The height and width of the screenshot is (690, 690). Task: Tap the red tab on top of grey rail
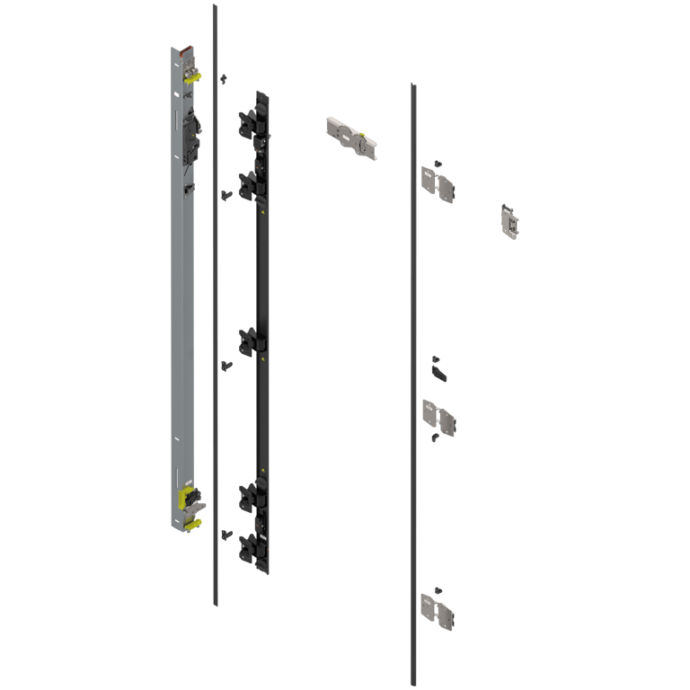coord(186,46)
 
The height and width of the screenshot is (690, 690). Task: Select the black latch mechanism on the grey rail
coord(192,131)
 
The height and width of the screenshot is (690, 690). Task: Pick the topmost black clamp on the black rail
coord(248,123)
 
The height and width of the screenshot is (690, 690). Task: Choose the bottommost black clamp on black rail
coord(249,546)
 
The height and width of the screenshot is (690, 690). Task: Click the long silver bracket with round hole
coord(350,137)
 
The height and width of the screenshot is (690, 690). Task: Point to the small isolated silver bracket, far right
coord(510,221)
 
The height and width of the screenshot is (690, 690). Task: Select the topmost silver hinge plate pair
coord(438,184)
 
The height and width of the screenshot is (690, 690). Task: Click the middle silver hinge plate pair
coord(438,415)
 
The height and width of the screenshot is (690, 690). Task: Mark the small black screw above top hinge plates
coord(437,162)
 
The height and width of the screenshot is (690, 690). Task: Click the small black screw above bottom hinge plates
coord(437,588)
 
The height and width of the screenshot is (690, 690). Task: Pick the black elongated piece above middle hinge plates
coord(438,367)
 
